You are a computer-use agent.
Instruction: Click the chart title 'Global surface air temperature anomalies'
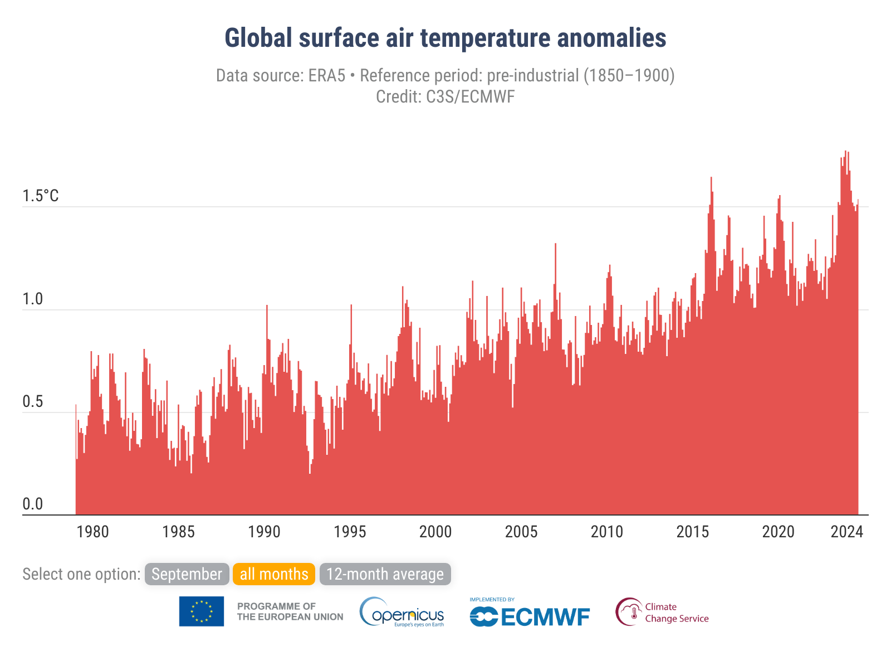(x=445, y=38)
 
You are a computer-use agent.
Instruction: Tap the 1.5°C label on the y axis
(x=40, y=196)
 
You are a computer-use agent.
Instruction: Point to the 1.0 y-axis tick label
(x=32, y=299)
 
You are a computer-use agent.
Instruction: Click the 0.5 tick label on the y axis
(x=32, y=402)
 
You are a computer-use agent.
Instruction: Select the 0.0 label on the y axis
(x=32, y=504)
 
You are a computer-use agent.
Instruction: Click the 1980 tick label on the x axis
(x=92, y=532)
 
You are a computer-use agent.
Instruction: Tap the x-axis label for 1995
(x=350, y=532)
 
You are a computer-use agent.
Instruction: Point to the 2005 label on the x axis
(x=521, y=532)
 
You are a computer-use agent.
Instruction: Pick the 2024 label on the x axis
(x=846, y=532)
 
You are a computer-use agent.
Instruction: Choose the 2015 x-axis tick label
(x=693, y=532)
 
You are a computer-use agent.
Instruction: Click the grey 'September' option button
(x=187, y=574)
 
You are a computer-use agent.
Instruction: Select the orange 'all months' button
(x=274, y=574)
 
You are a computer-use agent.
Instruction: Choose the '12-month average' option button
(x=385, y=574)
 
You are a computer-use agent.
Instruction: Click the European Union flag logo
(x=202, y=611)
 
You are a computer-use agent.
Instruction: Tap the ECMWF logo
(x=530, y=614)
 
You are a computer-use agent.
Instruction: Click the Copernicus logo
(x=402, y=613)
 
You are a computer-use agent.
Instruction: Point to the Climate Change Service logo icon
(x=629, y=612)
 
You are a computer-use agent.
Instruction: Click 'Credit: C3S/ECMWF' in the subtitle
(x=445, y=97)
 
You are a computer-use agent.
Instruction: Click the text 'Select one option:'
(x=81, y=574)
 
